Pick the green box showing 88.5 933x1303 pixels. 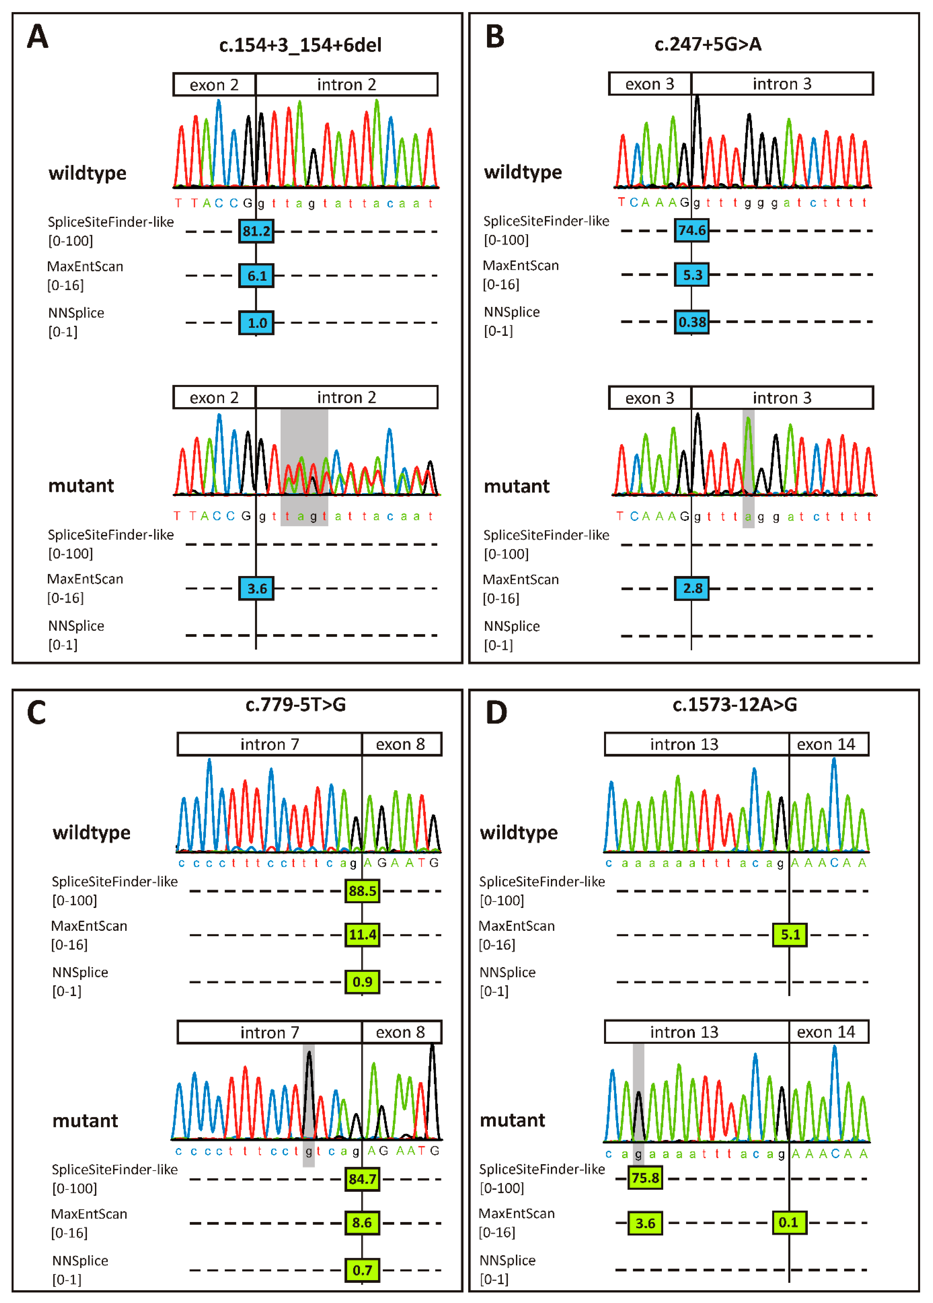point(363,891)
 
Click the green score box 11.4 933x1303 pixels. point(363,935)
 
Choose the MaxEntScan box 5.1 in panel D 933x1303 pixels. point(790,935)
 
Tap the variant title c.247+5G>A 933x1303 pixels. point(708,44)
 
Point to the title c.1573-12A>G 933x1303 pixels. point(735,704)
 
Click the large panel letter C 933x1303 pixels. point(37,713)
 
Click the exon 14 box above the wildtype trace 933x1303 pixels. point(828,745)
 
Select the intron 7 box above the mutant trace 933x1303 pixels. point(270,1032)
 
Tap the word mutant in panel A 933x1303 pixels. point(81,486)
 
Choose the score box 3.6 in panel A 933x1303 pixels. point(256,588)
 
